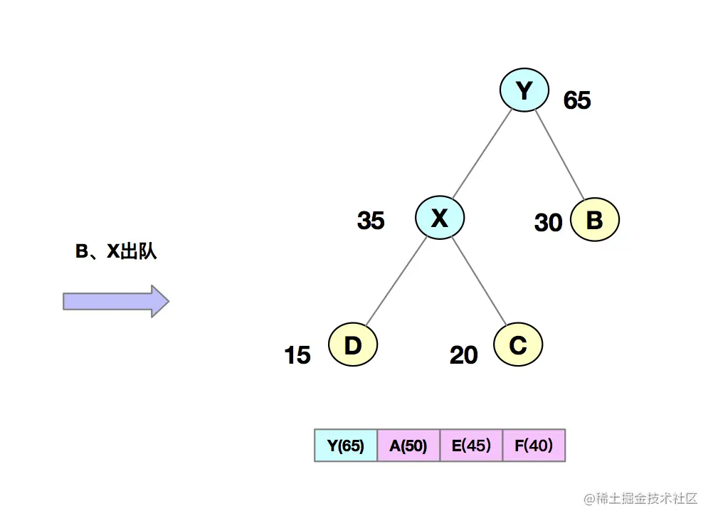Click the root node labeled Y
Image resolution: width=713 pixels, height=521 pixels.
pos(524,90)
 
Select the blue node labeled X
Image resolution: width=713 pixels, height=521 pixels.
pos(440,218)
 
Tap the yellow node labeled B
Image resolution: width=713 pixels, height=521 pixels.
pos(594,220)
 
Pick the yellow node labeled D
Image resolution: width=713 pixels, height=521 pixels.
pos(353,345)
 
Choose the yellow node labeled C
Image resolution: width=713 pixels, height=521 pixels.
pos(518,345)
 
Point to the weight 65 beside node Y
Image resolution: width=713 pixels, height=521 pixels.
pos(577,101)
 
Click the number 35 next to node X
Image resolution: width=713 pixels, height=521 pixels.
pos(371,221)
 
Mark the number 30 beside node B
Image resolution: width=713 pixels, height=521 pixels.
pos(548,223)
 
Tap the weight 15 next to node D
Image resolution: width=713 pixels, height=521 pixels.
pos(297,354)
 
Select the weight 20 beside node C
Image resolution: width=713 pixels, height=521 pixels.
pos(463,354)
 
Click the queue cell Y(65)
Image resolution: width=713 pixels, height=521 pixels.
pos(346,446)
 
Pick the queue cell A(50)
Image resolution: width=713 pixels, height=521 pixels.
pos(408,446)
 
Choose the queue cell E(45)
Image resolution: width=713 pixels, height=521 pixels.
pos(471,446)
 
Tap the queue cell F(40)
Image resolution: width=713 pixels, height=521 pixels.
pos(534,446)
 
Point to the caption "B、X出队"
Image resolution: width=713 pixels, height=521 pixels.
pos(116,251)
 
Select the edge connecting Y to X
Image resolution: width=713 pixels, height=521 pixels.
pos(482,153)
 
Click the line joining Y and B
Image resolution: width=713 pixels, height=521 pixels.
pos(559,154)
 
